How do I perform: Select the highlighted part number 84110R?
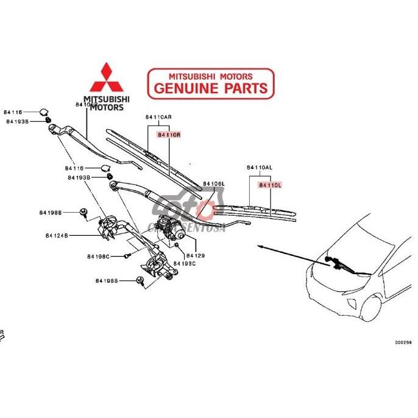[x=169, y=135]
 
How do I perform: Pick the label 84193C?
[x=185, y=263]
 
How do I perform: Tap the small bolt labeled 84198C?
[x=129, y=256]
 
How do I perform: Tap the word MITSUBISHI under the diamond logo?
[x=107, y=99]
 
